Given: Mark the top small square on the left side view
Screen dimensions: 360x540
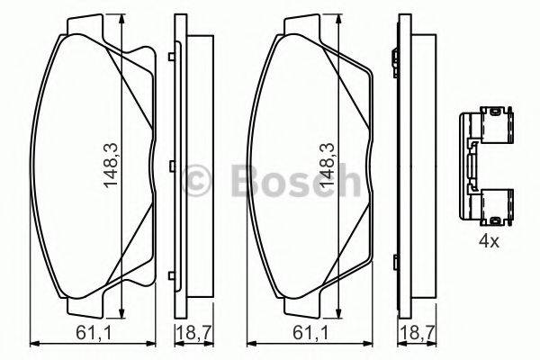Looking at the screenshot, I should click(170, 58).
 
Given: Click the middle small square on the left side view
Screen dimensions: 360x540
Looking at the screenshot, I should click(170, 164).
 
